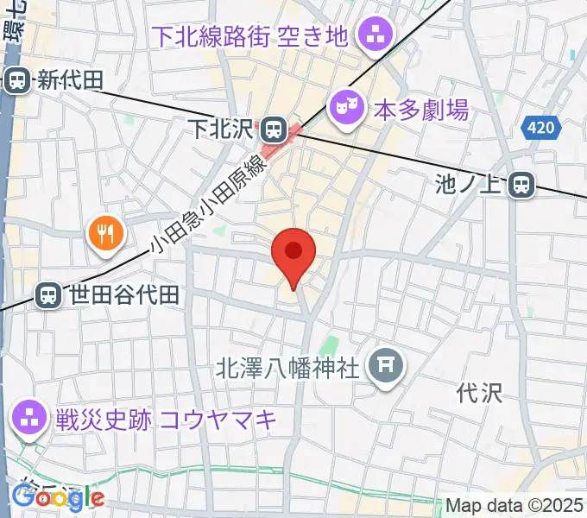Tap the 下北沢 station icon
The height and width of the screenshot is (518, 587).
pos(273,130)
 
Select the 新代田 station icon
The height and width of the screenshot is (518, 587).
pos(16,81)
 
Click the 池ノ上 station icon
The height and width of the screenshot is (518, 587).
pos(521,184)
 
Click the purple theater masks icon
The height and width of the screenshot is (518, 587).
pos(344,109)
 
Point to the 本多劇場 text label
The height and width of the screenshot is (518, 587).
pos(420,110)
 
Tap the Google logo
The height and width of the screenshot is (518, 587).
pos(58,497)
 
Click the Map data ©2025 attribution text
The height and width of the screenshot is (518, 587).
pos(514,505)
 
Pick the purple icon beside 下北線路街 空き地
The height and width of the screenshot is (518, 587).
pos(376,36)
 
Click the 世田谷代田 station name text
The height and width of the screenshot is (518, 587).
pos(124,295)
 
